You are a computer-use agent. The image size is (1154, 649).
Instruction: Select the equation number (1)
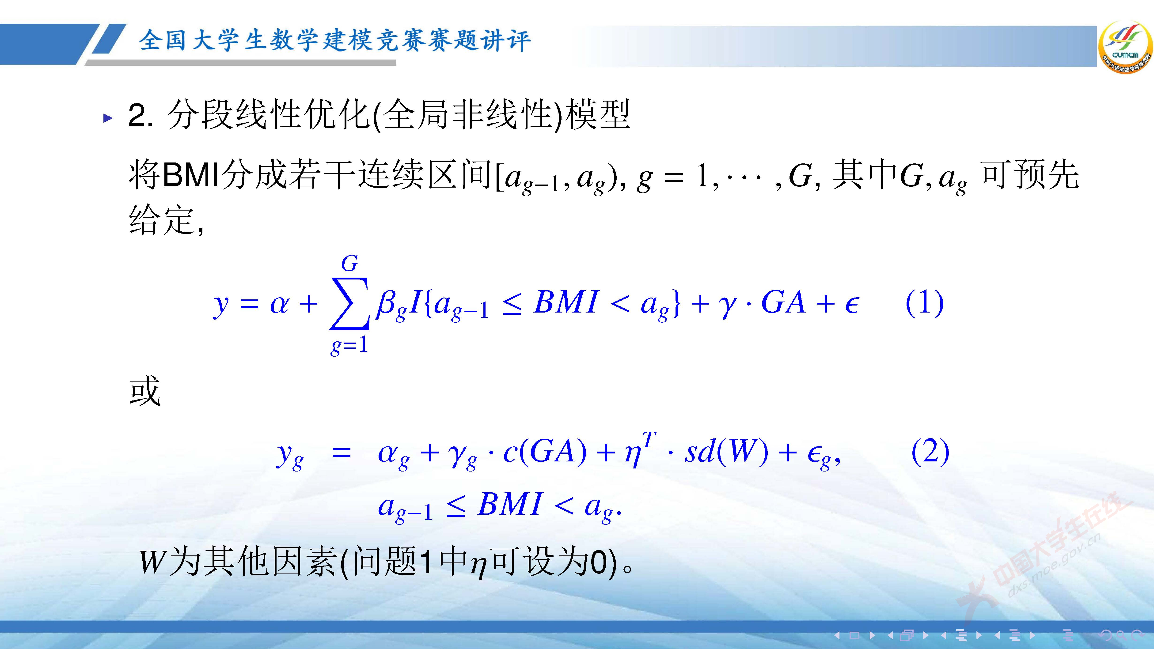924,303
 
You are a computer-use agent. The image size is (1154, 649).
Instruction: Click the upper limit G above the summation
349,263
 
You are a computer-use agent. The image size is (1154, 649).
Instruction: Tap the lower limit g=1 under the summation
349,345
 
